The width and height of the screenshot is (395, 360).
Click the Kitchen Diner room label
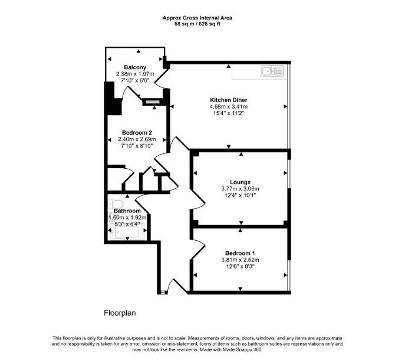click(229, 100)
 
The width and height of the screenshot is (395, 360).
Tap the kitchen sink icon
click(272, 71)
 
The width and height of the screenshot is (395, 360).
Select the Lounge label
click(240, 182)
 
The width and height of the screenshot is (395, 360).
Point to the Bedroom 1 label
click(240, 253)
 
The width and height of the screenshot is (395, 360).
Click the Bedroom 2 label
click(137, 133)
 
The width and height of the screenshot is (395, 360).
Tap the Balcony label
click(135, 67)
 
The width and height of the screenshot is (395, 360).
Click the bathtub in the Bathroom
click(127, 231)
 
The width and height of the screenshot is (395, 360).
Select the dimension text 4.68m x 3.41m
click(229, 107)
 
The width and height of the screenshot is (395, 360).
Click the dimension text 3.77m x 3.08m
click(240, 189)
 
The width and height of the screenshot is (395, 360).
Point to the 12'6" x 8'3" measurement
click(240, 267)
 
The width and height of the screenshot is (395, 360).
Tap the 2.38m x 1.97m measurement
click(135, 74)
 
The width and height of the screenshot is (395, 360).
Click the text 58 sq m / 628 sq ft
click(197, 24)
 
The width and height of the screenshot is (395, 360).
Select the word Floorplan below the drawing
click(120, 313)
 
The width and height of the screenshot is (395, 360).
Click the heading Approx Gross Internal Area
click(197, 18)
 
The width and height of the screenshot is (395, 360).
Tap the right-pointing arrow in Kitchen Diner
click(285, 106)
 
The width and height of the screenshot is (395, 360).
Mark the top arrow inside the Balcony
click(139, 51)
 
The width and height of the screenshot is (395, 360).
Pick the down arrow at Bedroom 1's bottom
click(241, 289)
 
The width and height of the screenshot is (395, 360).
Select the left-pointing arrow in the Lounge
click(195, 173)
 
